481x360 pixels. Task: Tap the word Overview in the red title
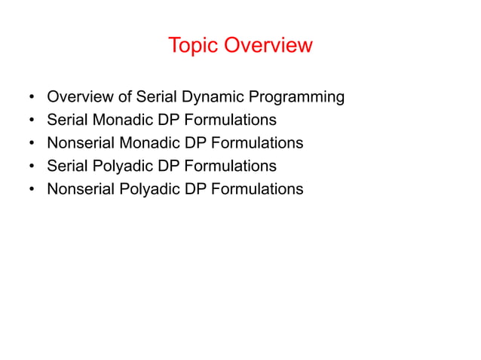(x=267, y=45)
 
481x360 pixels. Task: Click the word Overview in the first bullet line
(x=79, y=97)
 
